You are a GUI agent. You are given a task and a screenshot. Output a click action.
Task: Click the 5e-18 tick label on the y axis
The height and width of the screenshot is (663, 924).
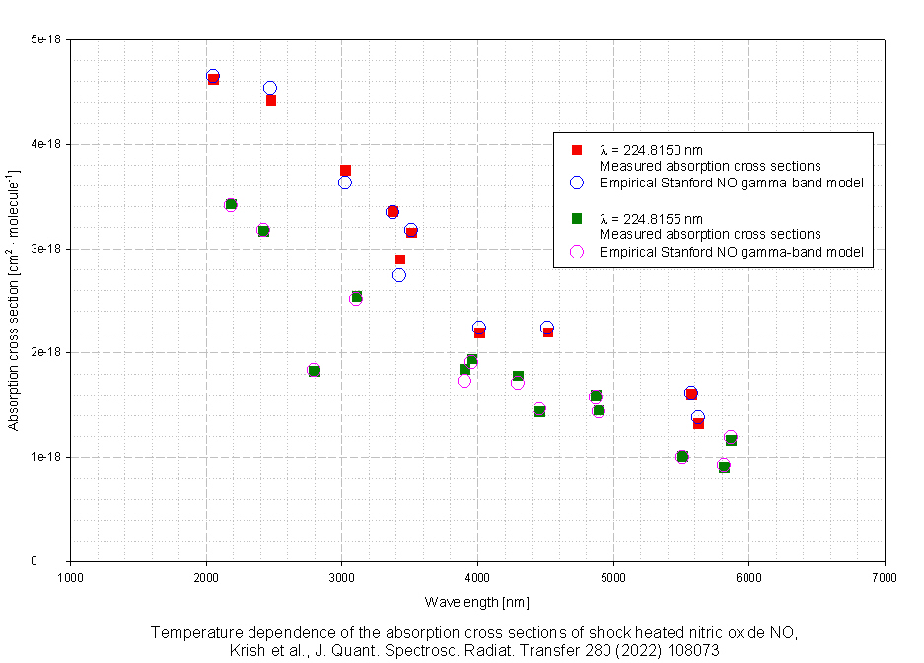pos(46,39)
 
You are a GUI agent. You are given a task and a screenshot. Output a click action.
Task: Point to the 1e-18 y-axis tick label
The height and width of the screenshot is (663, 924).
pos(46,457)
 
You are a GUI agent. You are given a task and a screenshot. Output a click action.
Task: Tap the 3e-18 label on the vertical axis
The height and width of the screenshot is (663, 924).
pos(46,249)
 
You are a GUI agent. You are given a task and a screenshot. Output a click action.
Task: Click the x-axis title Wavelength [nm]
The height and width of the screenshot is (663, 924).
pos(477,602)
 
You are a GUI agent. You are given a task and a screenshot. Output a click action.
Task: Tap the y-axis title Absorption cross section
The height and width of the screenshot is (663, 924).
pos(14,301)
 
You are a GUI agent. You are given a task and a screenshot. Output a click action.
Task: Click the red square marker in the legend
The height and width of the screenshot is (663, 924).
pos(578,150)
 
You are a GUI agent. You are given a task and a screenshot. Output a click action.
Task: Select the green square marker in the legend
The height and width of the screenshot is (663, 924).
pos(578,219)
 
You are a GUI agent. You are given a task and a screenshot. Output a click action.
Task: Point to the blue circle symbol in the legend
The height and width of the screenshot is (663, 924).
pos(578,183)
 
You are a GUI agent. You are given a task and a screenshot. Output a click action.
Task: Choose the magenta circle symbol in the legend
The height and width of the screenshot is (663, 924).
pos(578,252)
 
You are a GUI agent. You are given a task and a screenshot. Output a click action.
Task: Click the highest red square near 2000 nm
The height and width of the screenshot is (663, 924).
pos(213,79)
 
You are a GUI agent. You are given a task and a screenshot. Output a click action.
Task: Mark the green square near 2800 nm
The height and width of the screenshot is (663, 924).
pos(315,371)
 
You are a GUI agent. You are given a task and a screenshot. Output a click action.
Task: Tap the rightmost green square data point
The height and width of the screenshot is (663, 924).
pos(731,440)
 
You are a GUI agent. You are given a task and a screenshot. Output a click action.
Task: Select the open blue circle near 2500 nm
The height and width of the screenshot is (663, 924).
pos(270,88)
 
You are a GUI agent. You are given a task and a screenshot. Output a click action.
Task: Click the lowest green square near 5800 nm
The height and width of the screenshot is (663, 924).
pos(724,467)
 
